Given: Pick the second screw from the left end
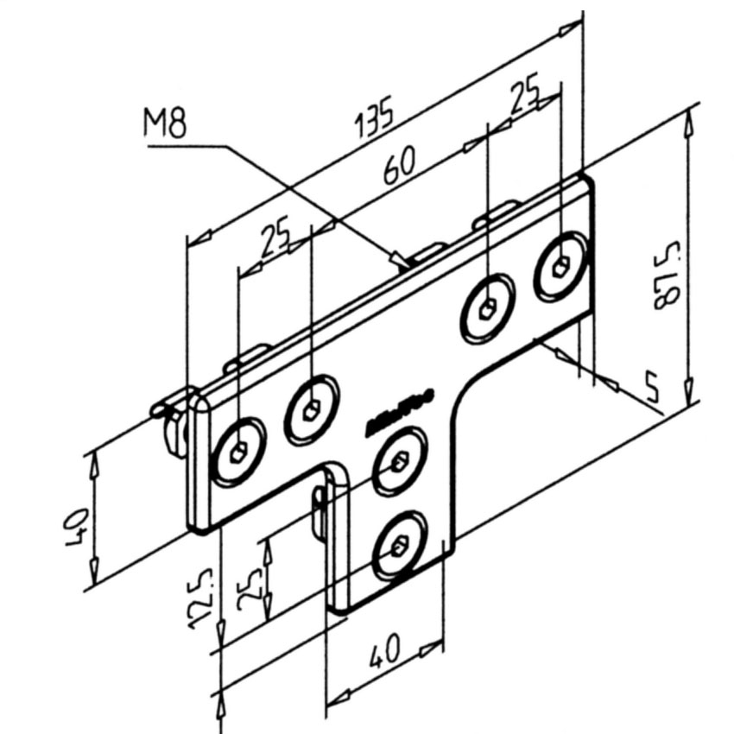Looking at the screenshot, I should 311,408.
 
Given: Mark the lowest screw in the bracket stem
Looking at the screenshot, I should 399,547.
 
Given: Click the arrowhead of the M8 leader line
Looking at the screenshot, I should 400,260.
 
